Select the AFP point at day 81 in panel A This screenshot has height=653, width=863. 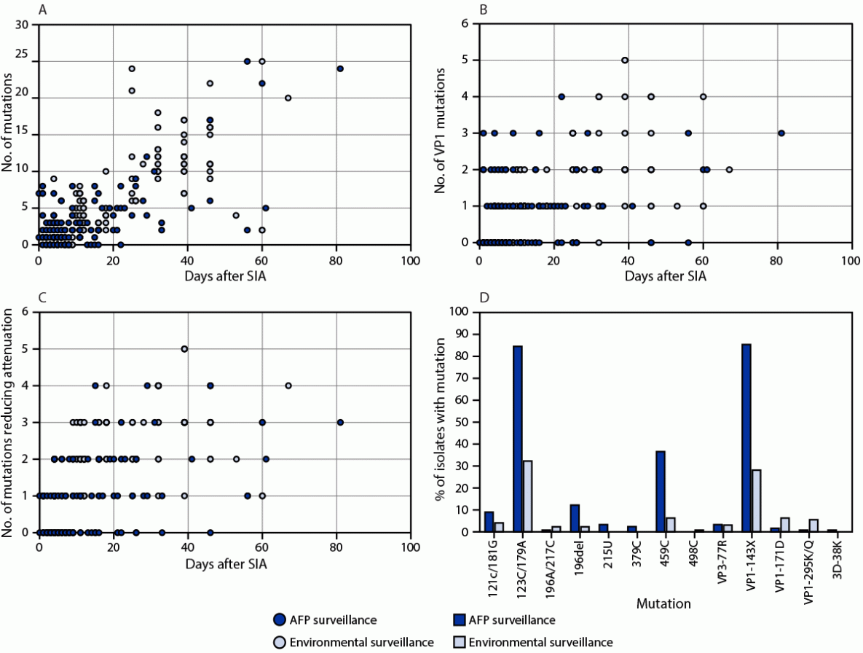(339, 69)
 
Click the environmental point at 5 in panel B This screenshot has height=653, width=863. (625, 60)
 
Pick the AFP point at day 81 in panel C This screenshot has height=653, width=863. (339, 422)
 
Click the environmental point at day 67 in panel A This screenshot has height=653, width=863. (288, 98)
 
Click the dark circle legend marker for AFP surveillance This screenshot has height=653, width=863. (277, 620)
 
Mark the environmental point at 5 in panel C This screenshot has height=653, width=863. (184, 349)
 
